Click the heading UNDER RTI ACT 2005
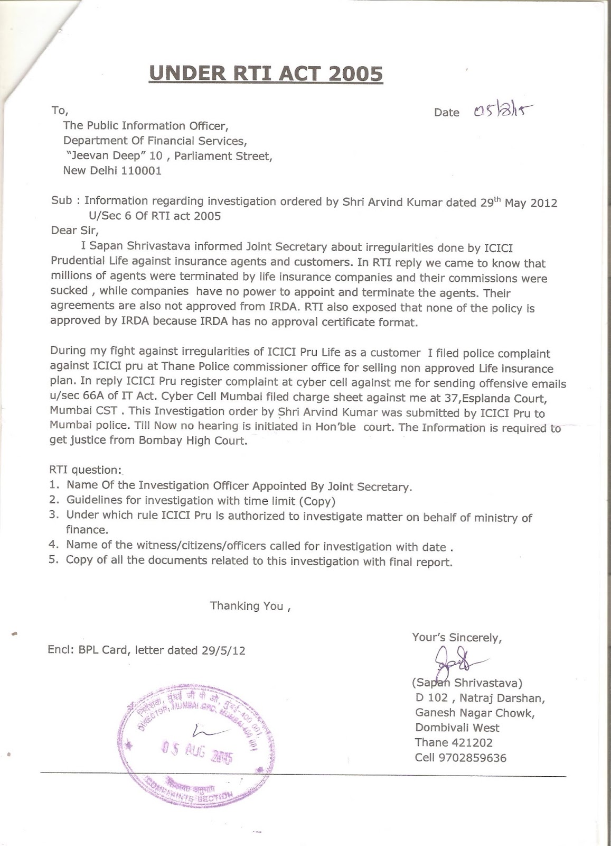pyautogui.click(x=266, y=74)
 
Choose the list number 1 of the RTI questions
pyautogui.click(x=53, y=485)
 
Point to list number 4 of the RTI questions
pyautogui.click(x=53, y=545)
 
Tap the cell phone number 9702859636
pyautogui.click(x=472, y=758)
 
